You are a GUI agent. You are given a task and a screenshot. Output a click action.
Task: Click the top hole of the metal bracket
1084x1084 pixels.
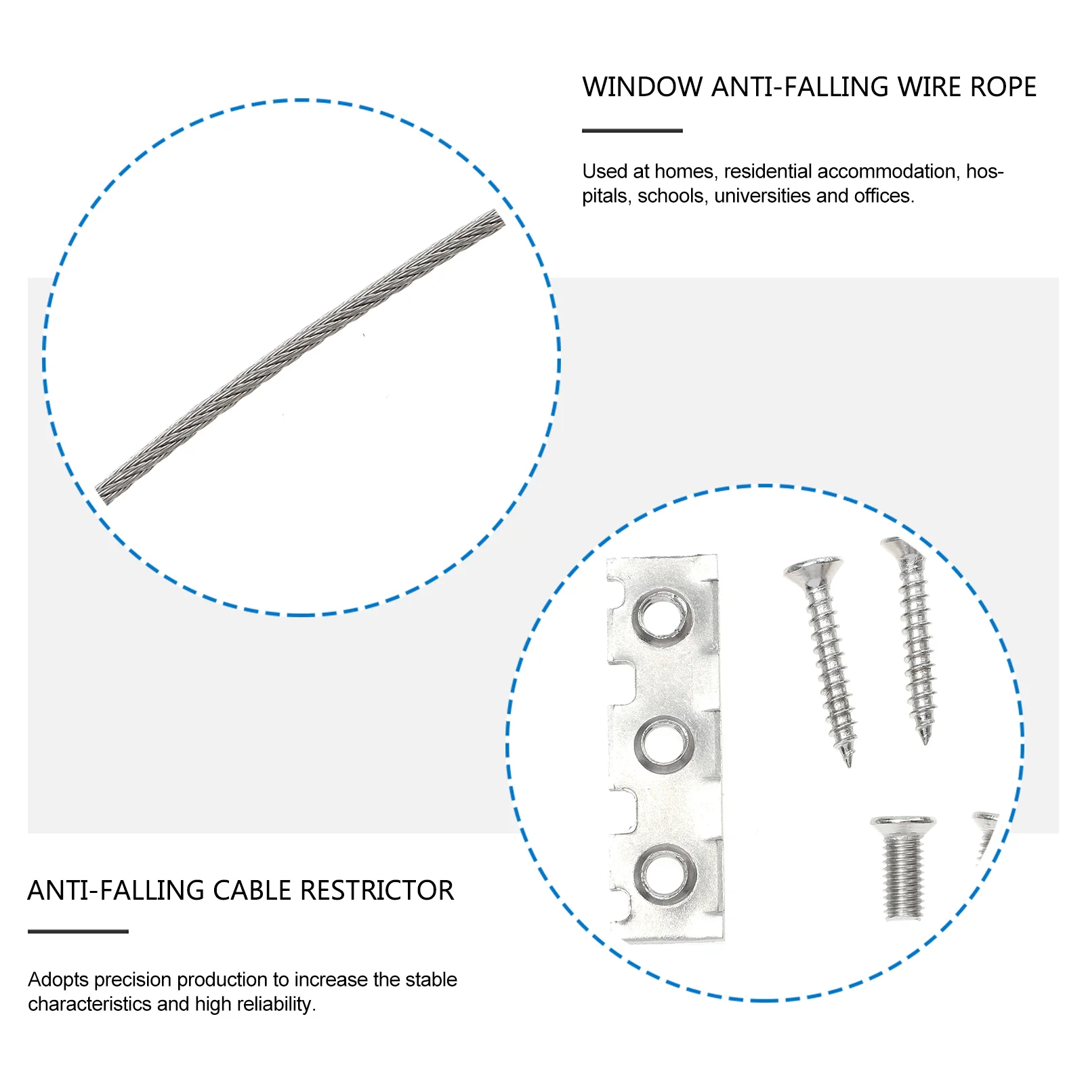coord(663,617)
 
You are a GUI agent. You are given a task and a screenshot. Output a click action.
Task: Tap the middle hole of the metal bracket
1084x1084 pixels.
coord(665,745)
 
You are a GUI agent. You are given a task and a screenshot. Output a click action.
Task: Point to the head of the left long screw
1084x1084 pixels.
coord(813,570)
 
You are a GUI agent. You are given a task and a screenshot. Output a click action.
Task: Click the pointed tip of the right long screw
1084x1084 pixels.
coord(925,743)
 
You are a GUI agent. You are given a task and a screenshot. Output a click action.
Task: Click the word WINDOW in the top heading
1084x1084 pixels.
coord(642,87)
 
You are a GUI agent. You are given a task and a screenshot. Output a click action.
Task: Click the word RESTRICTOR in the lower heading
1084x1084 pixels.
coord(377,890)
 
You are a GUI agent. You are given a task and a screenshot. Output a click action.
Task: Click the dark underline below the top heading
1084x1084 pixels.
coord(632,131)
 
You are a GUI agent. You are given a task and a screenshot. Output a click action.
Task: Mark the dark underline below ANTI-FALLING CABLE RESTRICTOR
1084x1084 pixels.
coord(78,932)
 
